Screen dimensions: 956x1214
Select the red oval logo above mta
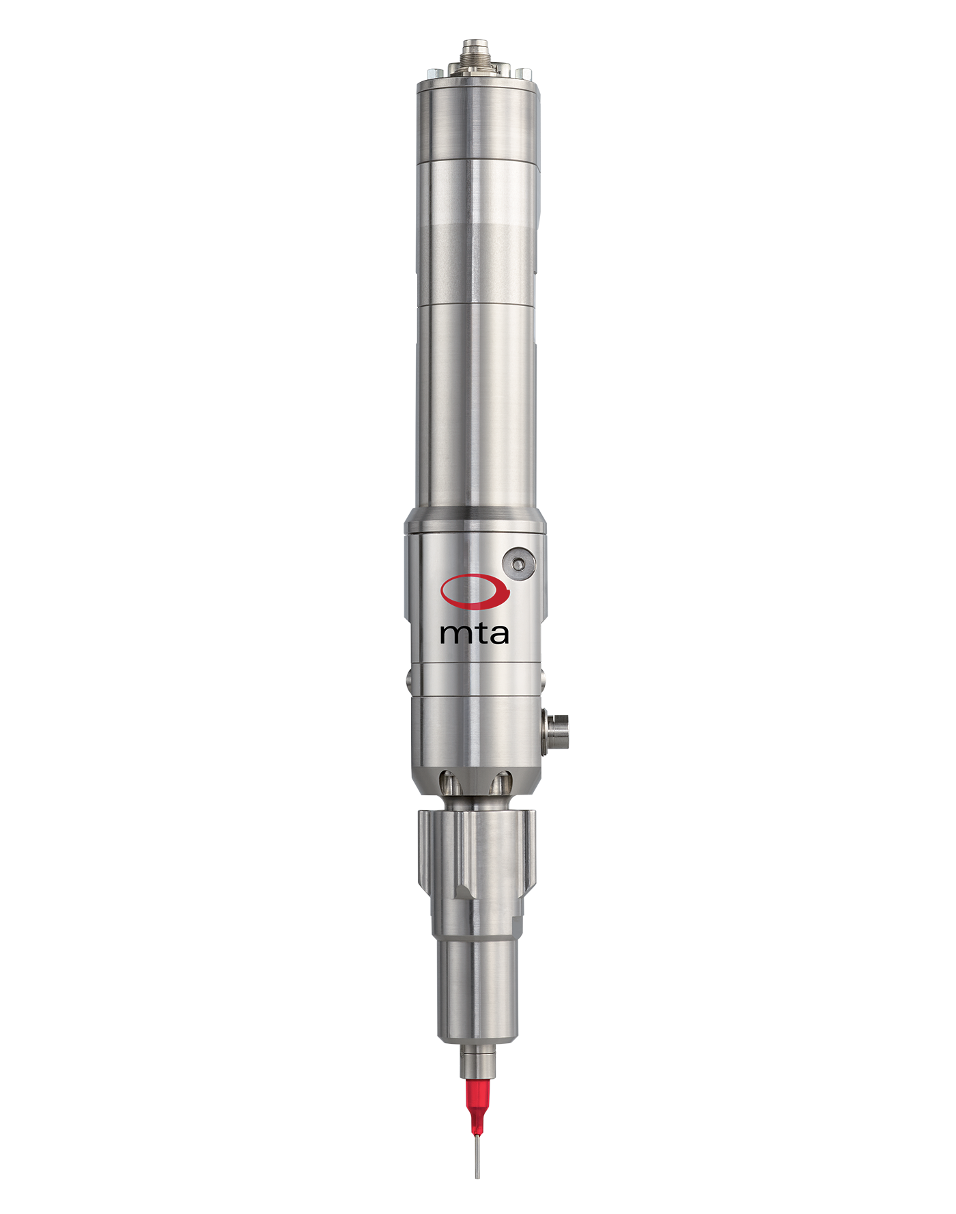point(475,591)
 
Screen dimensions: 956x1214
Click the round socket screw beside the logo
point(519,564)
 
